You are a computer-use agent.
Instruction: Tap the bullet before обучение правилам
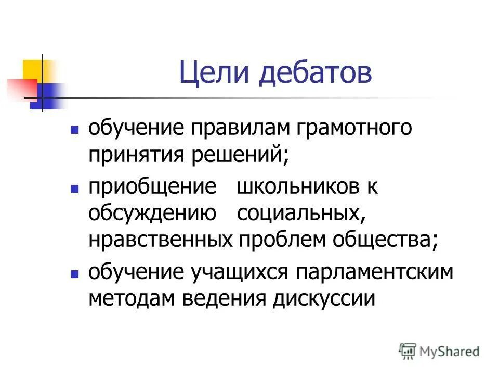(75, 128)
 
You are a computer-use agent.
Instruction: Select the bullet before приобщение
(75, 187)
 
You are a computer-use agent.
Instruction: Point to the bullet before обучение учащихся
(75, 273)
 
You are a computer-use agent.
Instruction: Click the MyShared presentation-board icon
(408, 351)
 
